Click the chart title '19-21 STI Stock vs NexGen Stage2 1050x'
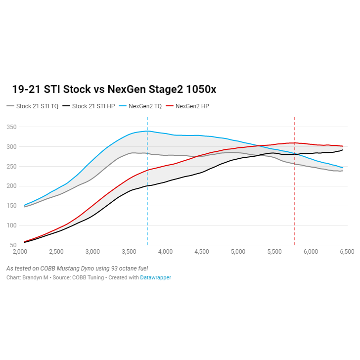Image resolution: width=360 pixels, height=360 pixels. click(114, 90)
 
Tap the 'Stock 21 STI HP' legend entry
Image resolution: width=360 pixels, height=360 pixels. click(93, 106)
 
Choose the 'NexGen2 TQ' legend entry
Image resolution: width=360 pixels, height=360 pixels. click(144, 106)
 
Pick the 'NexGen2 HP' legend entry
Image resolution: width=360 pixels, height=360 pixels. click(192, 106)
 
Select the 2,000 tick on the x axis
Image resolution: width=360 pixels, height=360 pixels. click(20, 252)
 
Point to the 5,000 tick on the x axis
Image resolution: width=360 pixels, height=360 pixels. click(238, 252)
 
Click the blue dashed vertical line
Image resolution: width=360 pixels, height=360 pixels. click(147, 208)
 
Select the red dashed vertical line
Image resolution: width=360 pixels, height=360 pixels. click(295, 208)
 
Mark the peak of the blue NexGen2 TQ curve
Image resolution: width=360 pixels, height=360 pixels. click(147, 131)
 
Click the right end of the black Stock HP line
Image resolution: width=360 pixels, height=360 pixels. click(343, 150)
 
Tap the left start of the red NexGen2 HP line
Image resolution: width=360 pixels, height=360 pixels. click(24, 242)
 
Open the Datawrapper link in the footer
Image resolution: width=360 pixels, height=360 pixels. click(155, 278)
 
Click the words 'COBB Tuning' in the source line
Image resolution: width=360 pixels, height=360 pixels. click(89, 278)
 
